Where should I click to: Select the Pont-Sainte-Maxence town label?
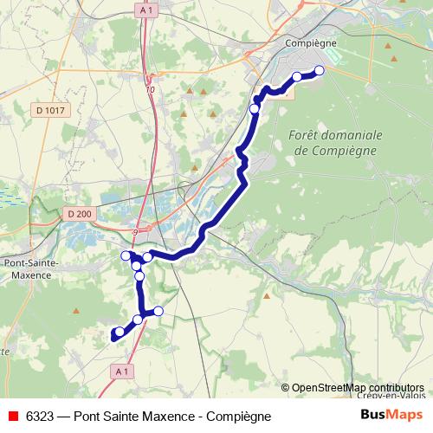pos(30,268)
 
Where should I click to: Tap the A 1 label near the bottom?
pos(122,371)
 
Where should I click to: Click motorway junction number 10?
pos(151,89)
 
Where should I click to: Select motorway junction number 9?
pos(135,232)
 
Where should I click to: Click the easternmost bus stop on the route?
pos(319,71)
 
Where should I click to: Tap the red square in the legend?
pos(11,417)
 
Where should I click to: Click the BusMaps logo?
pos(391,416)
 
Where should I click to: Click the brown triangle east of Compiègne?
pos(394,58)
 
